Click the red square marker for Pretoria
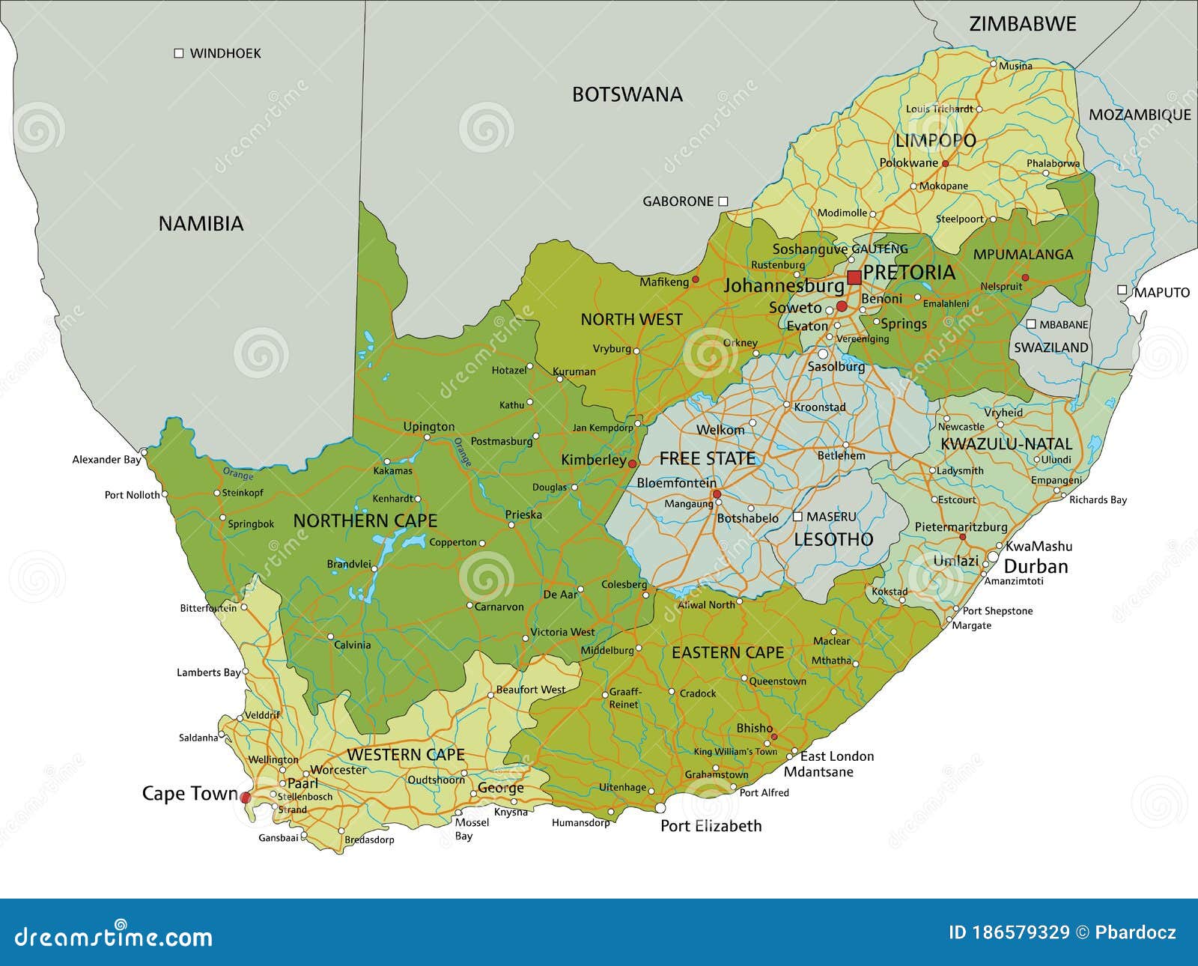[854, 278]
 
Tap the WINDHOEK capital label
[225, 53]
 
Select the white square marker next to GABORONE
[723, 201]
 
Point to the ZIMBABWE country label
[1022, 24]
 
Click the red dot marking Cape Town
[246, 798]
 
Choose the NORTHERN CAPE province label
[365, 520]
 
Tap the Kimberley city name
[593, 460]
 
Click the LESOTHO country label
[833, 539]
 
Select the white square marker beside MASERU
[797, 517]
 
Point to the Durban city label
[1036, 566]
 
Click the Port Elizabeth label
[711, 826]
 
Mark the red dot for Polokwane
[945, 163]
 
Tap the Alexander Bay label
[106, 460]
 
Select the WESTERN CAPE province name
[406, 755]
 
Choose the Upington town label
[428, 427]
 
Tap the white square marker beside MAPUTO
[1122, 290]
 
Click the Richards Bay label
[1097, 499]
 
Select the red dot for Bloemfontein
[717, 494]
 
